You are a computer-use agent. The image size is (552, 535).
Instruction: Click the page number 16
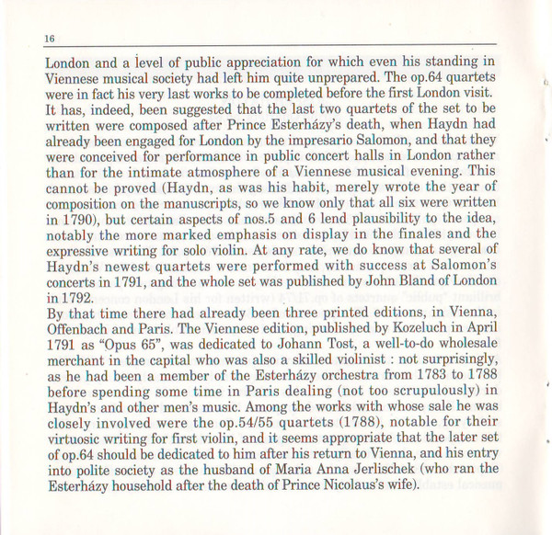point(23,37)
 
